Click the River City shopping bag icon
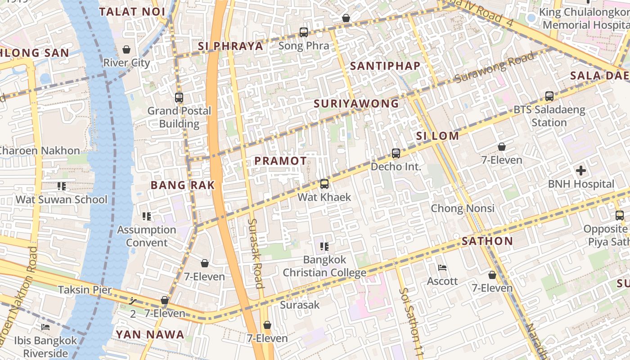[x=126, y=49]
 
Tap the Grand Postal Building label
[x=179, y=117]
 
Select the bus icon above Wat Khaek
[x=324, y=184]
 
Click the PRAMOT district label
[x=280, y=161]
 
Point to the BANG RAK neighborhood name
[x=182, y=185]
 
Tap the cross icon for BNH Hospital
[x=581, y=171]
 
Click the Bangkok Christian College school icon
[x=324, y=246]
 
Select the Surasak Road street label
[x=255, y=253]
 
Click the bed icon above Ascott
[x=442, y=268]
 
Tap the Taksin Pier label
[x=85, y=289]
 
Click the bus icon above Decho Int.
[x=396, y=153]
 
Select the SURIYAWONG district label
[x=356, y=103]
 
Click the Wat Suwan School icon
[x=62, y=186]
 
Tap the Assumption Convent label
[x=147, y=236]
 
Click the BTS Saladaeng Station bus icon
[x=549, y=96]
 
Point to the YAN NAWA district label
[x=150, y=334]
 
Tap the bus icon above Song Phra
[x=304, y=32]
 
